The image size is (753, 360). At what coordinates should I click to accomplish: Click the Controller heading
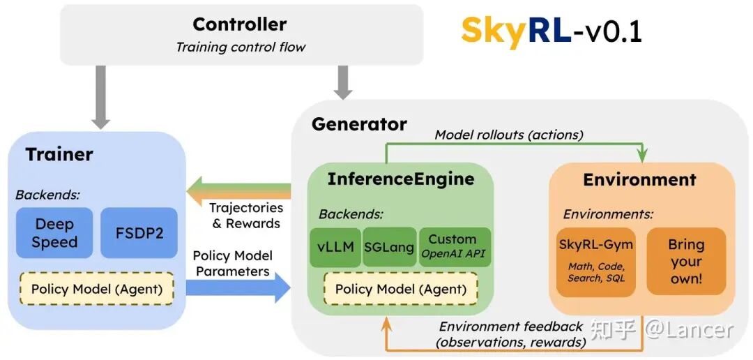tap(239, 24)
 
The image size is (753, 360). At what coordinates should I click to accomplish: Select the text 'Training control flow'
tap(241, 47)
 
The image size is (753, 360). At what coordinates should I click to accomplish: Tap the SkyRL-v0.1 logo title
tap(551, 32)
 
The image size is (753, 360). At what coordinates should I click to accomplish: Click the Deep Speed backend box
tap(54, 233)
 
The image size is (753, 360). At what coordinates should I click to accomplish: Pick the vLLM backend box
tap(335, 248)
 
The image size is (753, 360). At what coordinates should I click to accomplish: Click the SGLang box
tap(389, 248)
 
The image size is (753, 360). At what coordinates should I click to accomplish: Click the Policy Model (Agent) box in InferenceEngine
tap(400, 289)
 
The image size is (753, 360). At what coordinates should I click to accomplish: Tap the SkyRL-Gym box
tap(595, 261)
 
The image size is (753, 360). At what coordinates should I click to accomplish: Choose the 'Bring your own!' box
tap(686, 261)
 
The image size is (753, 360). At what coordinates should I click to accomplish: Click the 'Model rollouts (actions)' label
tap(509, 135)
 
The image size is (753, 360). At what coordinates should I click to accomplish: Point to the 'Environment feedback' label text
tap(510, 327)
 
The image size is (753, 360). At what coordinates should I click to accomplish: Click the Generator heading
tap(359, 124)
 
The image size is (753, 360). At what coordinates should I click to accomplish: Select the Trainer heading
tap(59, 154)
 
